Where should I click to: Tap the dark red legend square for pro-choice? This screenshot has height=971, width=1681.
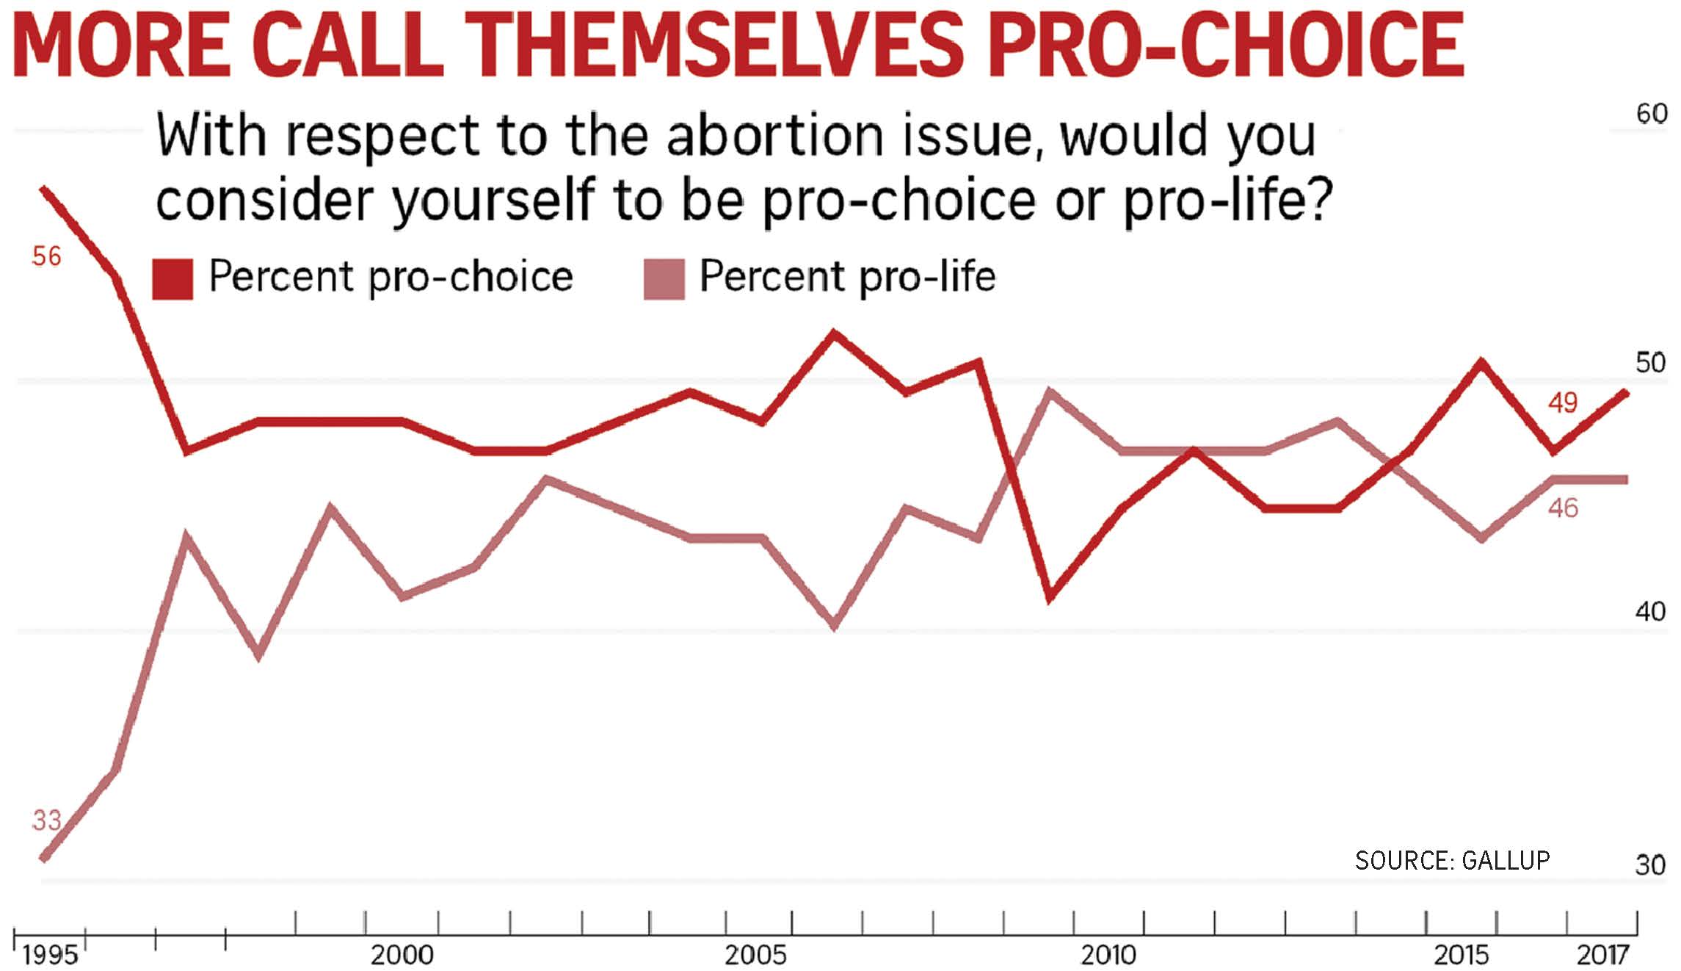tap(173, 279)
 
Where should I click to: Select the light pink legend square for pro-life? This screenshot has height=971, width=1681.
tap(664, 279)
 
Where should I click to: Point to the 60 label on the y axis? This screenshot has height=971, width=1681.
tap(1652, 114)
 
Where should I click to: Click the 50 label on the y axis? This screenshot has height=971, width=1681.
tap(1651, 363)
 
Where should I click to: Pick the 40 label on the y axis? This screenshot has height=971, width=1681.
tap(1651, 612)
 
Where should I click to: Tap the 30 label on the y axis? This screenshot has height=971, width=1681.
tap(1651, 865)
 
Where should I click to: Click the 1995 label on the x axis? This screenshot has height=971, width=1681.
tap(50, 955)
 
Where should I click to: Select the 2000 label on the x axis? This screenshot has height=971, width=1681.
tap(402, 955)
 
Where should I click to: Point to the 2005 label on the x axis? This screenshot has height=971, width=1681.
tap(756, 955)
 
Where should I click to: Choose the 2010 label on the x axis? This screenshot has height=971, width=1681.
tap(1108, 955)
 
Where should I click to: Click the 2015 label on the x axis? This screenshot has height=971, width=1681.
tap(1462, 955)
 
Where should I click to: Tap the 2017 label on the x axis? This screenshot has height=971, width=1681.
tap(1603, 955)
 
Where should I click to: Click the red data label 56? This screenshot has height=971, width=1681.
tap(46, 256)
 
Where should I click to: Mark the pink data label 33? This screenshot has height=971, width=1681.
tap(46, 820)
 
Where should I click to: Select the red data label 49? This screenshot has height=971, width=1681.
tap(1563, 403)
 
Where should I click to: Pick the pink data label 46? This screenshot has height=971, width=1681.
tap(1563, 508)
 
